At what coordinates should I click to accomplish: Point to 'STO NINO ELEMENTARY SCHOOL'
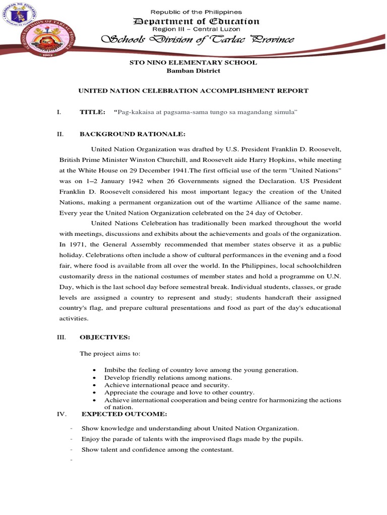point(193,62)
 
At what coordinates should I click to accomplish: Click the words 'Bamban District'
point(193,71)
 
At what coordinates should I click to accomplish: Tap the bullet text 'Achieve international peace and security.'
point(159,385)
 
